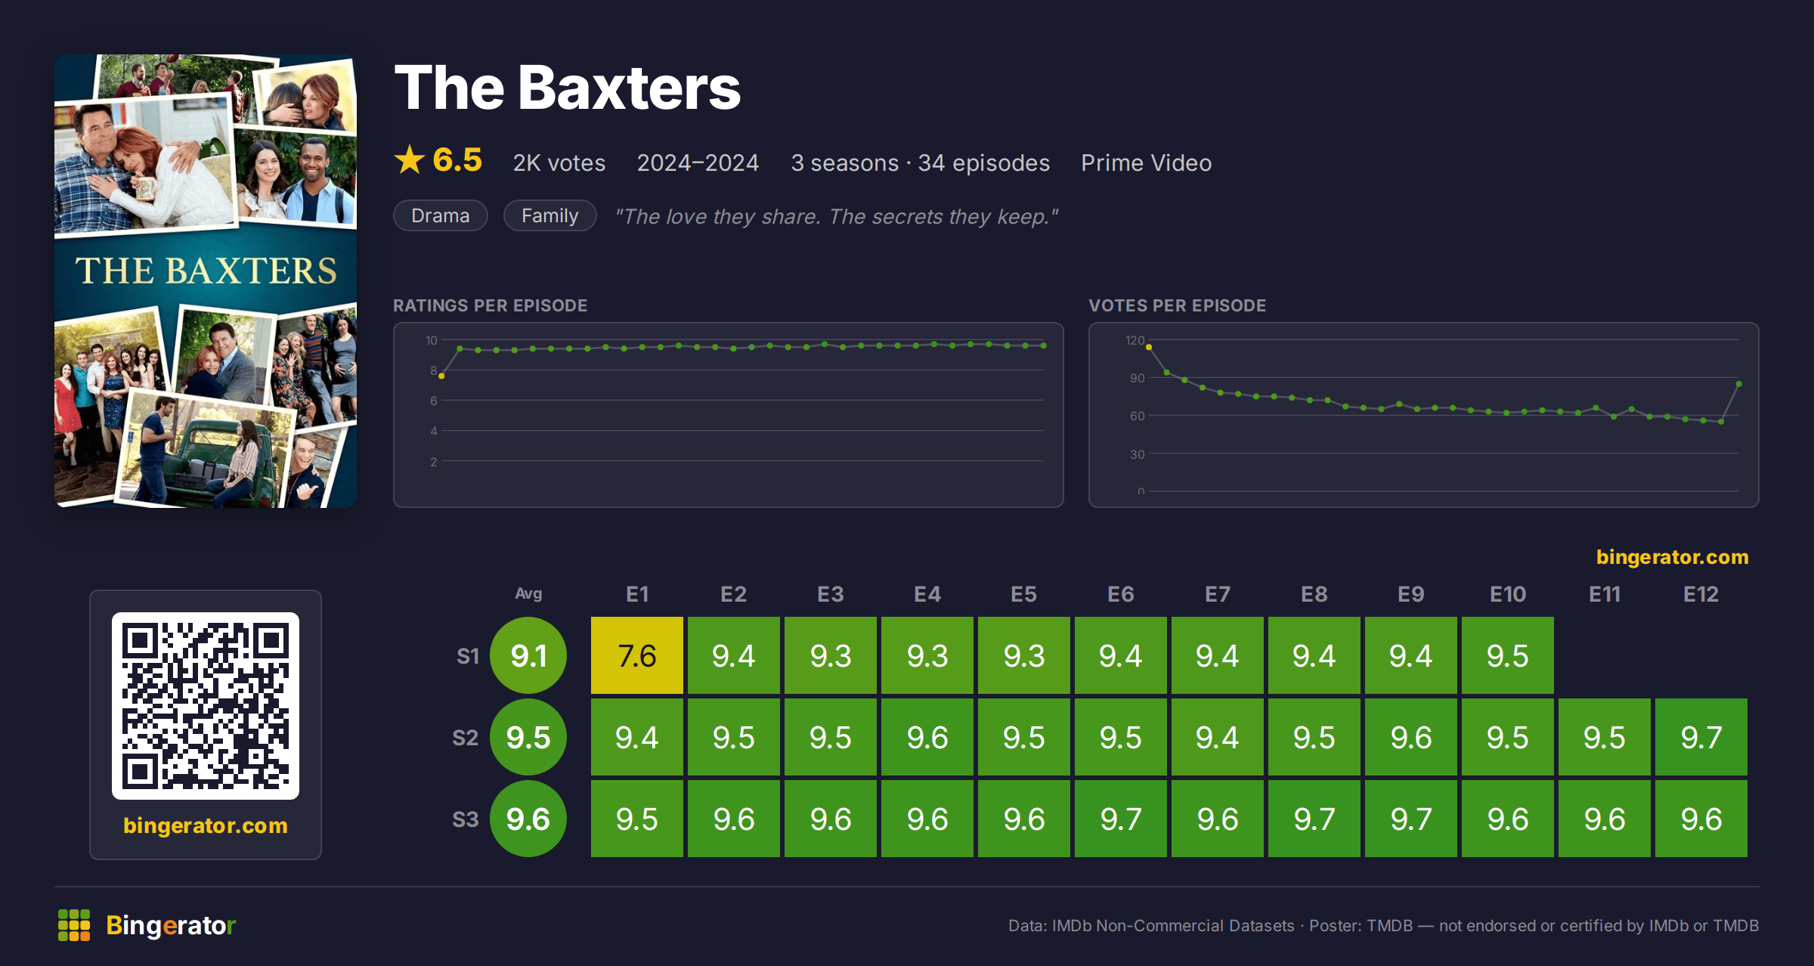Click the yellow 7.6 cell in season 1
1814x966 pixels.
(x=637, y=655)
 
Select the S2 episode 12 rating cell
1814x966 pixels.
(x=1701, y=737)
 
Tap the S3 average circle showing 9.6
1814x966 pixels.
(x=528, y=819)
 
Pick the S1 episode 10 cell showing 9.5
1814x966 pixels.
(x=1508, y=655)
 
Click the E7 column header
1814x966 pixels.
(x=1218, y=594)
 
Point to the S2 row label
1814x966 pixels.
(x=466, y=738)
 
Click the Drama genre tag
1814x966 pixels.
(x=441, y=215)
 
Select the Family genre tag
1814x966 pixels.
(x=550, y=215)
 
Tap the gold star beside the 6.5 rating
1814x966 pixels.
(x=410, y=159)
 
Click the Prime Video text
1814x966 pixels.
(x=1146, y=163)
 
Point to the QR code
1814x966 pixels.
(x=206, y=706)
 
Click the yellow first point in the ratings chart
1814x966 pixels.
(x=441, y=376)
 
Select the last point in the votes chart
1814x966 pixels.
(x=1739, y=384)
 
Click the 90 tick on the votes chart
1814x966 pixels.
(x=1137, y=378)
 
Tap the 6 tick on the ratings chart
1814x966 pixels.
(x=434, y=401)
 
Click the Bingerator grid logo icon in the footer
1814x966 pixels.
(x=74, y=925)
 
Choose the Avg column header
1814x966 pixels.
(x=528, y=593)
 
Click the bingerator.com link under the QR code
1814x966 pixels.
(x=206, y=825)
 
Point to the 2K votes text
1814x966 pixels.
(x=559, y=163)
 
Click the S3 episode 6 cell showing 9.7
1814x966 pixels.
(x=1121, y=819)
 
